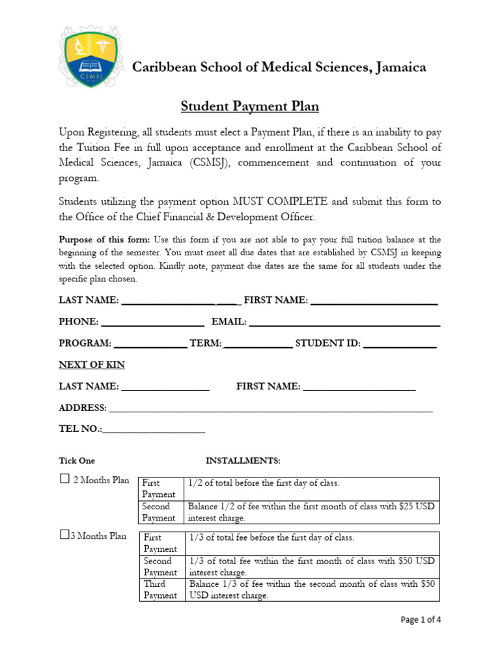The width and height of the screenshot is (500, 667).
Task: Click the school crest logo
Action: click(x=89, y=57)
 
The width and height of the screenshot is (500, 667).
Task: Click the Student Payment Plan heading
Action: click(x=249, y=106)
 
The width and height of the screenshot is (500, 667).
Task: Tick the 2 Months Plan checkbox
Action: click(x=64, y=479)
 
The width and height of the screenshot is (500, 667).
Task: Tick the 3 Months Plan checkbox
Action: click(x=64, y=535)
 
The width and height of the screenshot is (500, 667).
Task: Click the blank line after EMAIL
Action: click(x=344, y=322)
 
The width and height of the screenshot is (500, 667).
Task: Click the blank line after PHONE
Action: click(x=153, y=322)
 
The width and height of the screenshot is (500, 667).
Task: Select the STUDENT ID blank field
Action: click(x=399, y=344)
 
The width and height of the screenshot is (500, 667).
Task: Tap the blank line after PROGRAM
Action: click(x=150, y=344)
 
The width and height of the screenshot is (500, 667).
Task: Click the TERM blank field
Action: click(x=258, y=344)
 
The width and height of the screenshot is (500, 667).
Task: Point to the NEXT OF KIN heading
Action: click(x=92, y=365)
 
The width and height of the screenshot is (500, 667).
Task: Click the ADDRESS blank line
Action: click(x=271, y=408)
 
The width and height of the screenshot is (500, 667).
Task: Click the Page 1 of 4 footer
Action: click(x=420, y=619)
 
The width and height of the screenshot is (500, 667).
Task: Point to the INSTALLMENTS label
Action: click(x=243, y=461)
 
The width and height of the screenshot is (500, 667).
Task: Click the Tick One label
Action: click(x=77, y=461)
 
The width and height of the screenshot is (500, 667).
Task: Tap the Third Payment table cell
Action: click(x=161, y=589)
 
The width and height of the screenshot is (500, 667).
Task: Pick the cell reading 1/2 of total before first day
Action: click(x=264, y=483)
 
